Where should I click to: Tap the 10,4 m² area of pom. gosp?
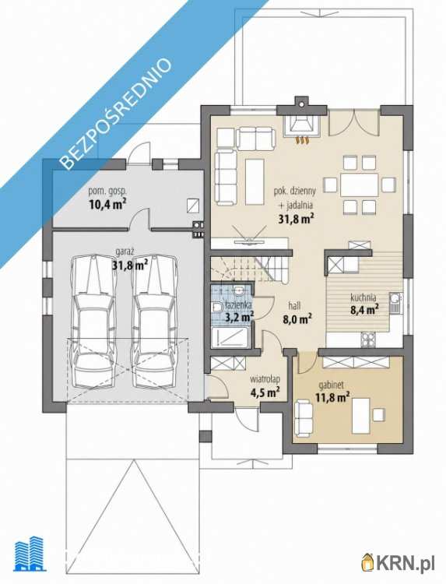click(x=107, y=204)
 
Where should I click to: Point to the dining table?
click(x=360, y=185)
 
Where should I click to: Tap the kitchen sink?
click(x=395, y=302)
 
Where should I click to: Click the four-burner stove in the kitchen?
click(x=368, y=339)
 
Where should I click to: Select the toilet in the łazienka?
click(x=218, y=308)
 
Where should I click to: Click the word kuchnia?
click(x=363, y=297)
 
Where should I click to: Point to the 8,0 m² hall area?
click(x=297, y=318)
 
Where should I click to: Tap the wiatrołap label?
click(x=265, y=379)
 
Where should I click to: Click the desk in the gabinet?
click(x=361, y=416)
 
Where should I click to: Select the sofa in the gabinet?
click(x=304, y=418)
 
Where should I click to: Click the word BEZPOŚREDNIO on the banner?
click(x=115, y=114)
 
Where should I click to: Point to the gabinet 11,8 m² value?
click(x=332, y=397)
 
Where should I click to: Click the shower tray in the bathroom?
click(x=230, y=337)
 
